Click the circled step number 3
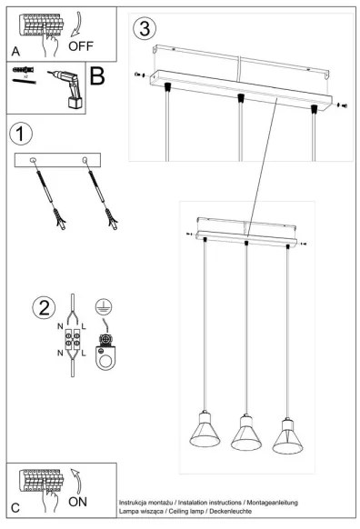(143, 27)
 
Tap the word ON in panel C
(78, 500)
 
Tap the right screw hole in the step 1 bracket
(85, 161)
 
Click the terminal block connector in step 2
(72, 338)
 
